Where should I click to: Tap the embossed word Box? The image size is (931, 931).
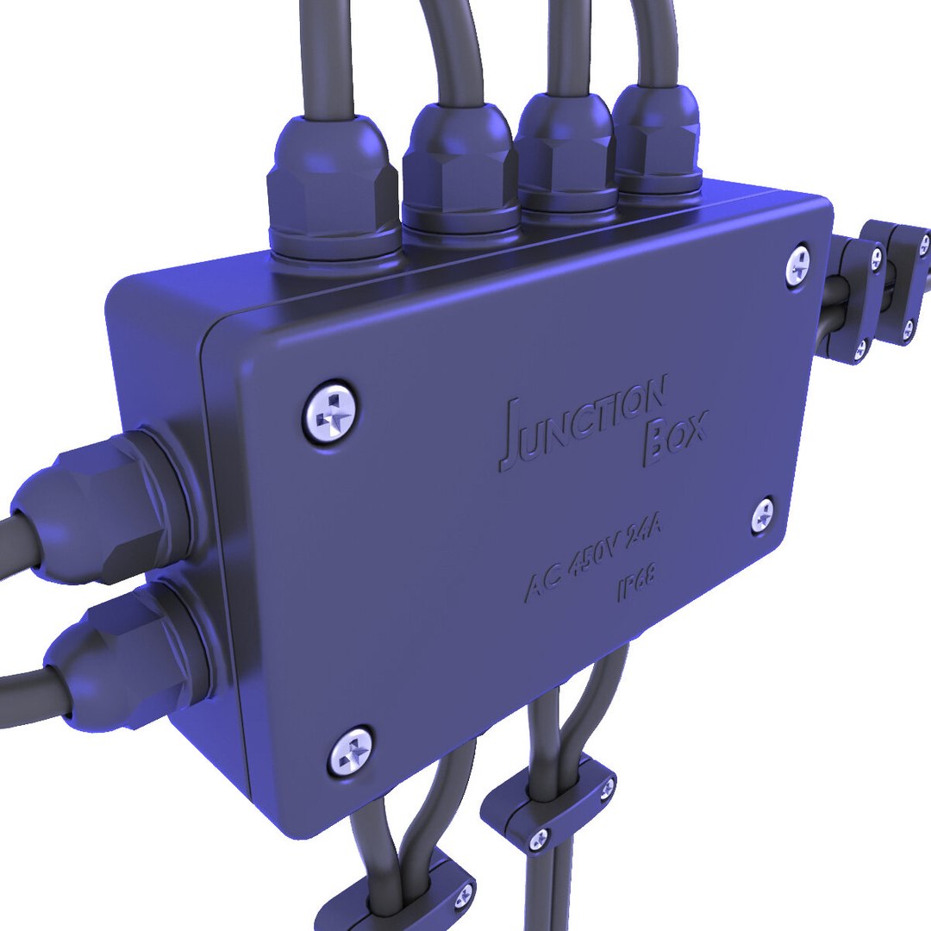676,436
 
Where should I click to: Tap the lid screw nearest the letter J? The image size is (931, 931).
330,412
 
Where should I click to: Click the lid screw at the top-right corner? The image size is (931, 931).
798,266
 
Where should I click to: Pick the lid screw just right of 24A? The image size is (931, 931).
763,515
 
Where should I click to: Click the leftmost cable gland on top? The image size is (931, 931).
333,188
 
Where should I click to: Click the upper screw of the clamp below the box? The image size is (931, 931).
607,785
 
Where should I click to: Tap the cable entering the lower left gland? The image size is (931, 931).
26,690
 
